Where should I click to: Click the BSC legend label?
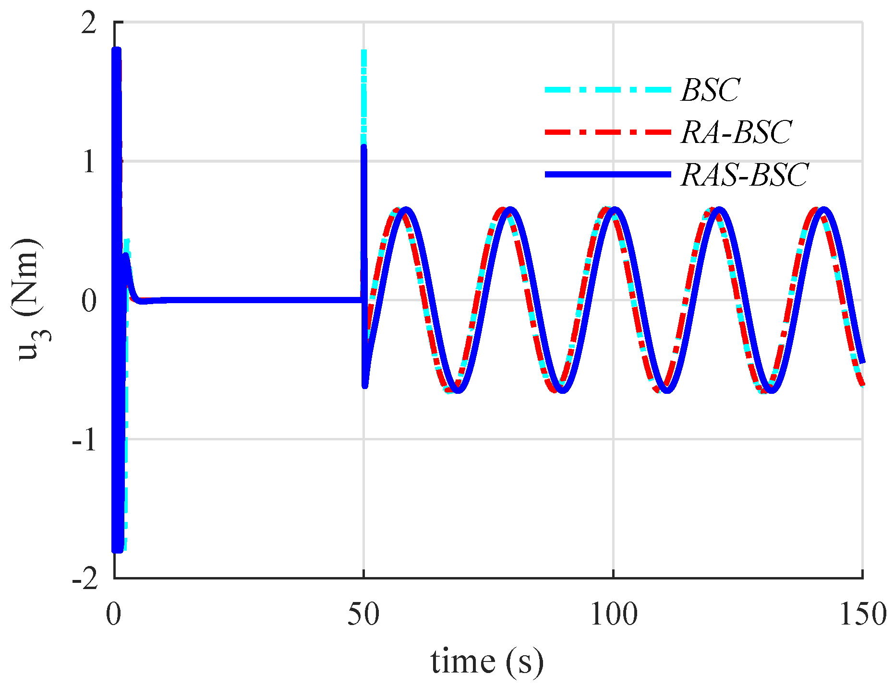pyautogui.click(x=710, y=90)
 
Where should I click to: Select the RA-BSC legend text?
pyautogui.click(x=736, y=132)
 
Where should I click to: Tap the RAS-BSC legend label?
pyautogui.click(x=745, y=174)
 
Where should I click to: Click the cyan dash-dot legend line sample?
pyautogui.click(x=607, y=90)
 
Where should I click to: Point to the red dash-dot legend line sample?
pyautogui.click(x=607, y=132)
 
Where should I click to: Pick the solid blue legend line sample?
pyautogui.click(x=607, y=175)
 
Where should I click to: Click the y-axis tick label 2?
pyautogui.click(x=89, y=23)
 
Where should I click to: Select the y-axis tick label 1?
pyautogui.click(x=89, y=162)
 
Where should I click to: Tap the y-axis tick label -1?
pyautogui.click(x=85, y=440)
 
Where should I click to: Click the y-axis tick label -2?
pyautogui.click(x=85, y=579)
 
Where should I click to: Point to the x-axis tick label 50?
pyautogui.click(x=363, y=614)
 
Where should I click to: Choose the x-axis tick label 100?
pyautogui.click(x=613, y=614)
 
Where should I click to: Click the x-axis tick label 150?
pyautogui.click(x=862, y=614)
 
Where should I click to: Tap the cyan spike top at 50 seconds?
pyautogui.click(x=364, y=52)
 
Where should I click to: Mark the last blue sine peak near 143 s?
pyautogui.click(x=823, y=210)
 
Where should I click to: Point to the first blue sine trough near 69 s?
pyautogui.click(x=458, y=390)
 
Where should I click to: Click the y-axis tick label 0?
pyautogui.click(x=89, y=301)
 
